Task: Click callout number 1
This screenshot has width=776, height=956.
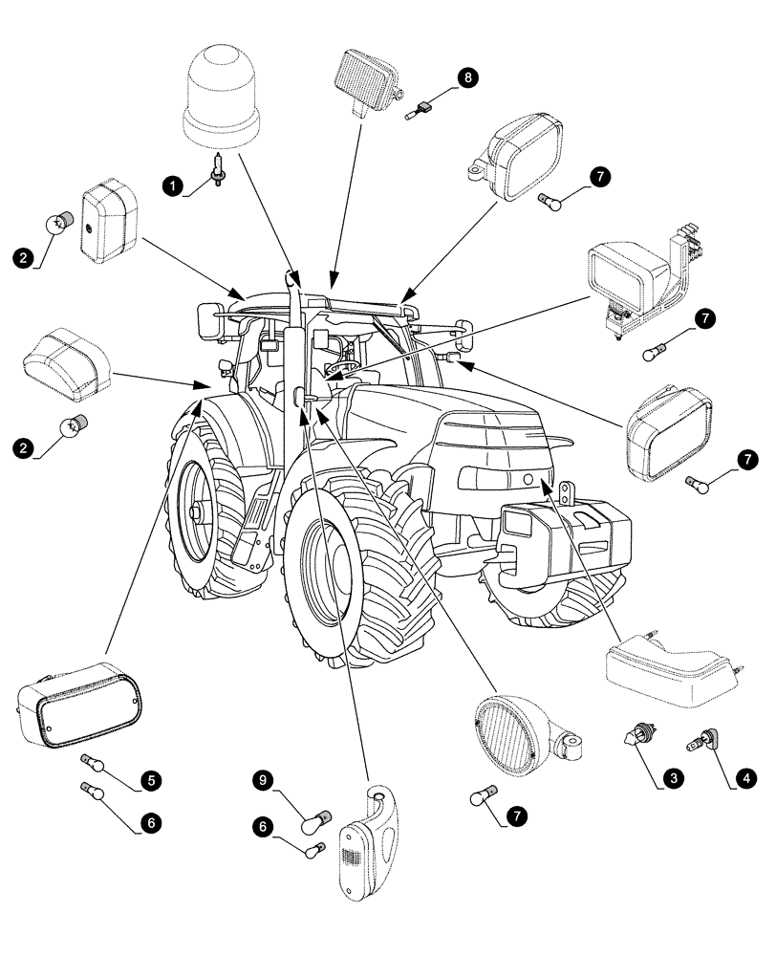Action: click(172, 185)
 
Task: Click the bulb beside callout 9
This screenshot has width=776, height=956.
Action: click(314, 820)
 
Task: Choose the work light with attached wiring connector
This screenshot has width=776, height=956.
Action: click(636, 277)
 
